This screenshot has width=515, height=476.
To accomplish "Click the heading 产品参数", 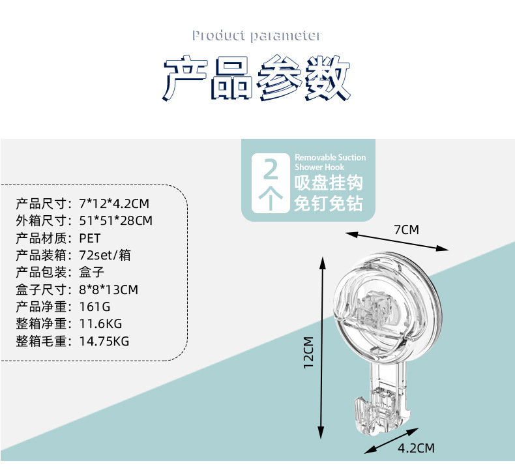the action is pos(257,80).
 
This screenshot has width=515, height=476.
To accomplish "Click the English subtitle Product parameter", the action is pos(256,35).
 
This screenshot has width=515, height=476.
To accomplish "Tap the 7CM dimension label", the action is pos(406,230).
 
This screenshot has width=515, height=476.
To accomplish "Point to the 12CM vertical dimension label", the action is pos(308,352).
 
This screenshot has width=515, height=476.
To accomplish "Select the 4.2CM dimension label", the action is pos(416,448).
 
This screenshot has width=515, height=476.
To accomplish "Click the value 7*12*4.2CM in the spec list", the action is pos(113,204).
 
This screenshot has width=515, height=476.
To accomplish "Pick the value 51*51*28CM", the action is pos(115,221).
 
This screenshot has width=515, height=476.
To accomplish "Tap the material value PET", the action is pos(89,238).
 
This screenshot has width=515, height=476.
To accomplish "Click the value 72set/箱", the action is pos(104,255).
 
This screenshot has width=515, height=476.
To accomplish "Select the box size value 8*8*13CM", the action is pos(108,289).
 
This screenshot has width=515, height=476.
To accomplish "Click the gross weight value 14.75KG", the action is pos(104,340).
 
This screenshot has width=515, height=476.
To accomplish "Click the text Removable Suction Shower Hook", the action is pos(330,162).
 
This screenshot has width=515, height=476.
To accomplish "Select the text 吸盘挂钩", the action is pos(329,182).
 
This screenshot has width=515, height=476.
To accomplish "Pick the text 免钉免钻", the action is pos(329,203).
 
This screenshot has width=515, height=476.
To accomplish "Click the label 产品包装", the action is pos(41,272).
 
